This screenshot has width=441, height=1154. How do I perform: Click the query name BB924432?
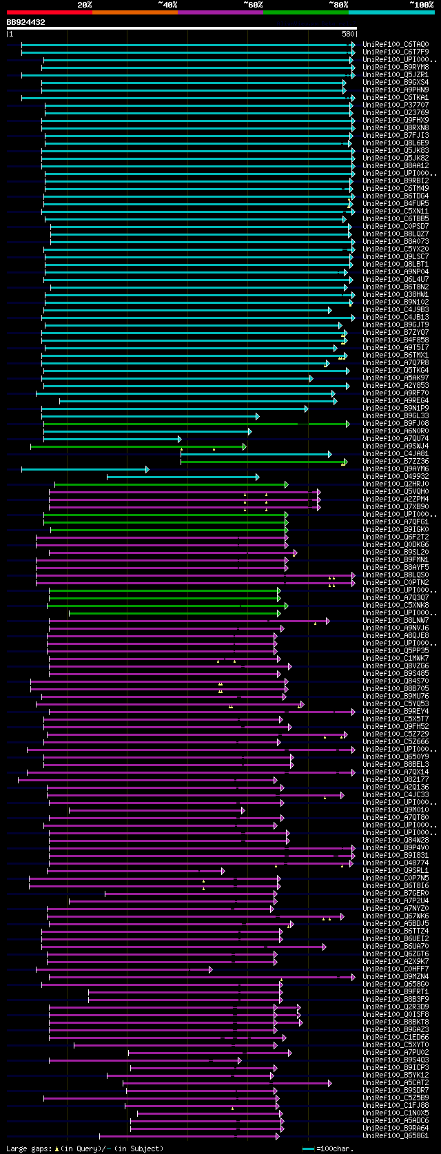click(26, 22)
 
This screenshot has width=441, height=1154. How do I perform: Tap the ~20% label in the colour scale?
click(85, 4)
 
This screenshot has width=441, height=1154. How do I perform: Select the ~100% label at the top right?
click(421, 4)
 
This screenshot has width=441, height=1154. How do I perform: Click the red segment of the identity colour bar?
click(48, 12)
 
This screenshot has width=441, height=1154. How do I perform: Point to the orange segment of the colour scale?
click(134, 12)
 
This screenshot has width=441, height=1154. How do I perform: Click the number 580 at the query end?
click(347, 34)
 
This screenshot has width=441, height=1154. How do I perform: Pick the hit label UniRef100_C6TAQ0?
click(396, 45)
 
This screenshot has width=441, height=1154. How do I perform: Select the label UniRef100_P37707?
click(396, 105)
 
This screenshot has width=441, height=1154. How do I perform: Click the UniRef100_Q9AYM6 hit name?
click(396, 469)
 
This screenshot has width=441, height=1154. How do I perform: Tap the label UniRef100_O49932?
click(396, 477)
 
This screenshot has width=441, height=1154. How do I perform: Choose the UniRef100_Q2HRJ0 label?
click(396, 484)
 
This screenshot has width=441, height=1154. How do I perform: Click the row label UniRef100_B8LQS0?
click(396, 575)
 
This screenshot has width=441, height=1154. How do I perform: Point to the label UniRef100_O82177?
click(396, 780)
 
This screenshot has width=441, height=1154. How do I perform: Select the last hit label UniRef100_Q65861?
click(396, 1136)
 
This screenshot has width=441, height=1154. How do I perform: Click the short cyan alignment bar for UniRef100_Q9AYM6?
click(83, 469)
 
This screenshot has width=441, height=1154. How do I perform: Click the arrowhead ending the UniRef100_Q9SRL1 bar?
click(223, 871)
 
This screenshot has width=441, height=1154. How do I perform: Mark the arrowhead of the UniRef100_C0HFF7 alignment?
click(210, 969)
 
